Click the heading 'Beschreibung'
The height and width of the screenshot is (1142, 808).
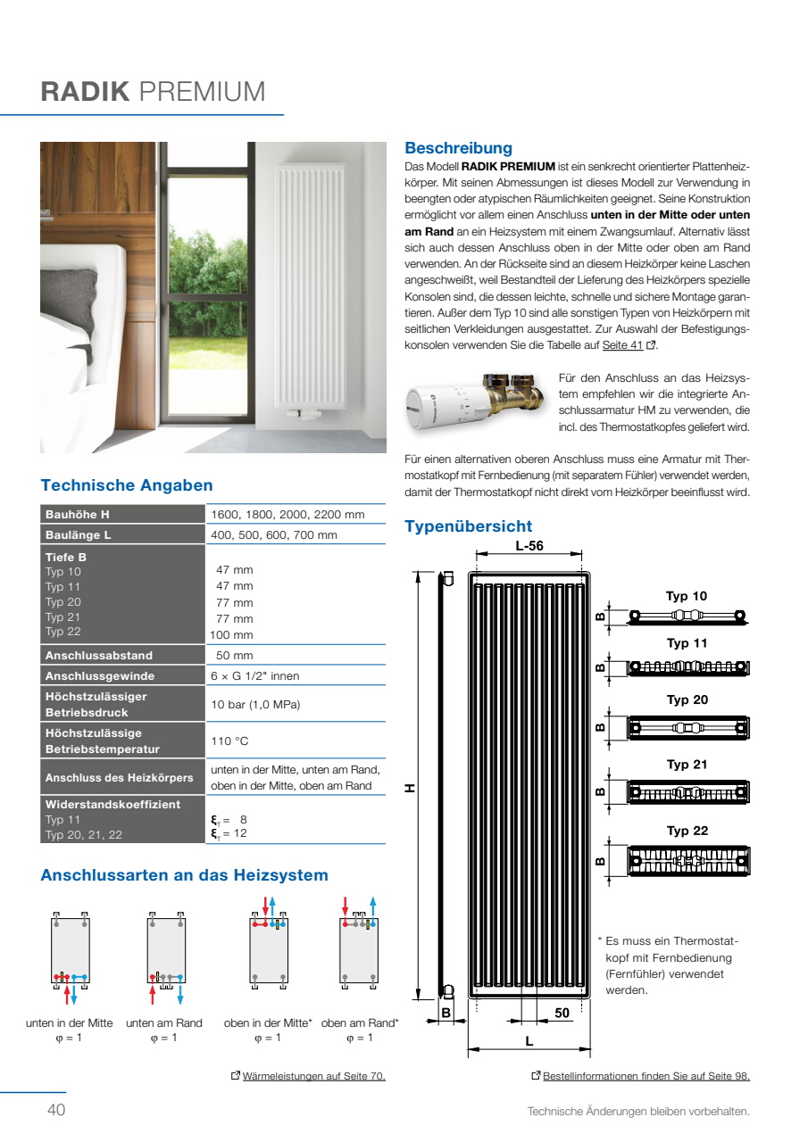458,148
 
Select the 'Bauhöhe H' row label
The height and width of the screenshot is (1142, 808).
78,515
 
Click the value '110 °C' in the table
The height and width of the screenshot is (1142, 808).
229,741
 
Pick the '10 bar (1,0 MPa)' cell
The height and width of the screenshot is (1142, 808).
255,705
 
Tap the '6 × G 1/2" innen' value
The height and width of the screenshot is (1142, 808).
254,676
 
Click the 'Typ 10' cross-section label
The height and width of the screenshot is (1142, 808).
686,596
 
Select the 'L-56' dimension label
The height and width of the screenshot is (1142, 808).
529,546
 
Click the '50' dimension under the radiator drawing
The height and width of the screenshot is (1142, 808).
562,1014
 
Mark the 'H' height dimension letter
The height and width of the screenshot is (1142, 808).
410,788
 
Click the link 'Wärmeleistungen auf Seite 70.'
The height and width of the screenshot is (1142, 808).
313,1076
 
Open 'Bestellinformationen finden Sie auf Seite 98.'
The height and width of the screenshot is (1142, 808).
646,1076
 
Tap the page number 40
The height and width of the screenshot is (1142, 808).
56,1110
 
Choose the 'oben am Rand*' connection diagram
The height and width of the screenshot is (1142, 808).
359,948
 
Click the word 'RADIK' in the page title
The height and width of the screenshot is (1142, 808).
86,92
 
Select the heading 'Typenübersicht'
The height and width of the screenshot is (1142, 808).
468,526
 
